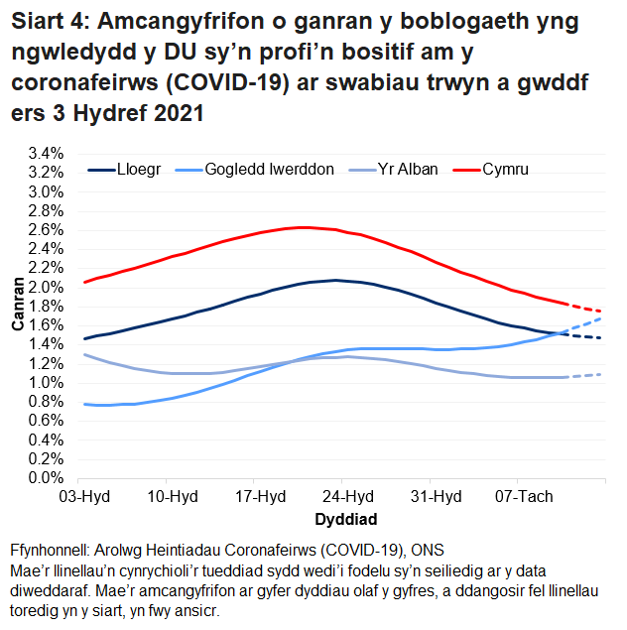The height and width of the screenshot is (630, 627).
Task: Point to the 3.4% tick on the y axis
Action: click(x=47, y=154)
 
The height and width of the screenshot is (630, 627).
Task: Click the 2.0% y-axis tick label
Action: click(x=47, y=288)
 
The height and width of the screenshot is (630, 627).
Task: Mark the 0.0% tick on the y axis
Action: click(x=47, y=479)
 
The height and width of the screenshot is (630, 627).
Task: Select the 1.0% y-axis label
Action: click(x=47, y=383)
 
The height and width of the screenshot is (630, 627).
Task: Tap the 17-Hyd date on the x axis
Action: click(x=256, y=496)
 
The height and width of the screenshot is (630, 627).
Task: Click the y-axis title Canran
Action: click(x=17, y=315)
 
